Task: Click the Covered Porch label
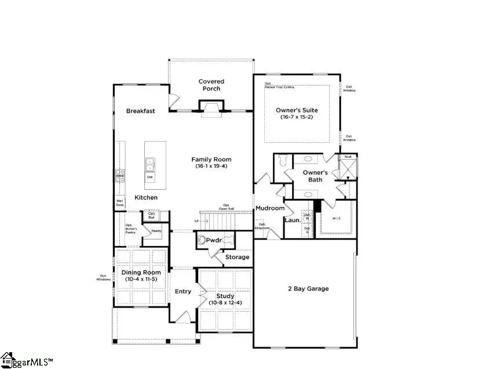(x=211, y=85)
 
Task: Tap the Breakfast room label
(x=141, y=111)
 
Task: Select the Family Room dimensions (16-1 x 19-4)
(x=211, y=167)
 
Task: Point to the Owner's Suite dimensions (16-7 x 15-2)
(x=297, y=117)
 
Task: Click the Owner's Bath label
(x=316, y=176)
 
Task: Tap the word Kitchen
(x=146, y=198)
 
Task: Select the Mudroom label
(x=270, y=208)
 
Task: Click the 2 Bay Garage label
(x=308, y=289)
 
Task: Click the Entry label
(x=183, y=291)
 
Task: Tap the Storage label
(x=238, y=257)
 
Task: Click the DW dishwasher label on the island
(x=149, y=178)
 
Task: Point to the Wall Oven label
(x=119, y=202)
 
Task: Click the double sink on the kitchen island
(x=149, y=165)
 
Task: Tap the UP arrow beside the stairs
(x=197, y=222)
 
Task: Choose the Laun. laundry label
(x=291, y=220)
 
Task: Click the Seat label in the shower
(x=348, y=157)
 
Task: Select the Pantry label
(x=156, y=231)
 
